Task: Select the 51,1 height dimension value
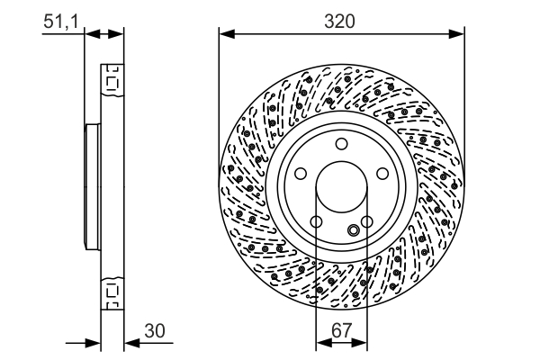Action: tap(61, 20)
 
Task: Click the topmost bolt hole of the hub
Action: tap(342, 145)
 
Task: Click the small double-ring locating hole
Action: tap(355, 230)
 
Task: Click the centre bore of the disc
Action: tap(342, 188)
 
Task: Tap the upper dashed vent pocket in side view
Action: tap(112, 83)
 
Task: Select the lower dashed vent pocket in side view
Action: tap(112, 292)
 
